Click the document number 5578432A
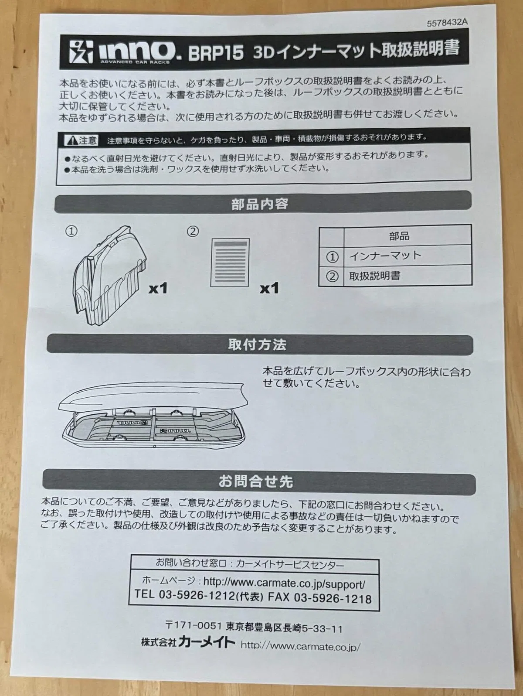(447, 23)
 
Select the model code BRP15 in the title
(216, 52)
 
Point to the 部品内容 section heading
(259, 204)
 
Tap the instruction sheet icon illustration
(230, 263)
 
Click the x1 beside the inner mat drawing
(158, 288)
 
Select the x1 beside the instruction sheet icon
(269, 288)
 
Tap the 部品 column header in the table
(399, 236)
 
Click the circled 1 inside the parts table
(332, 256)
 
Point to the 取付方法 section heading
(257, 344)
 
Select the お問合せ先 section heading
(256, 481)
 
